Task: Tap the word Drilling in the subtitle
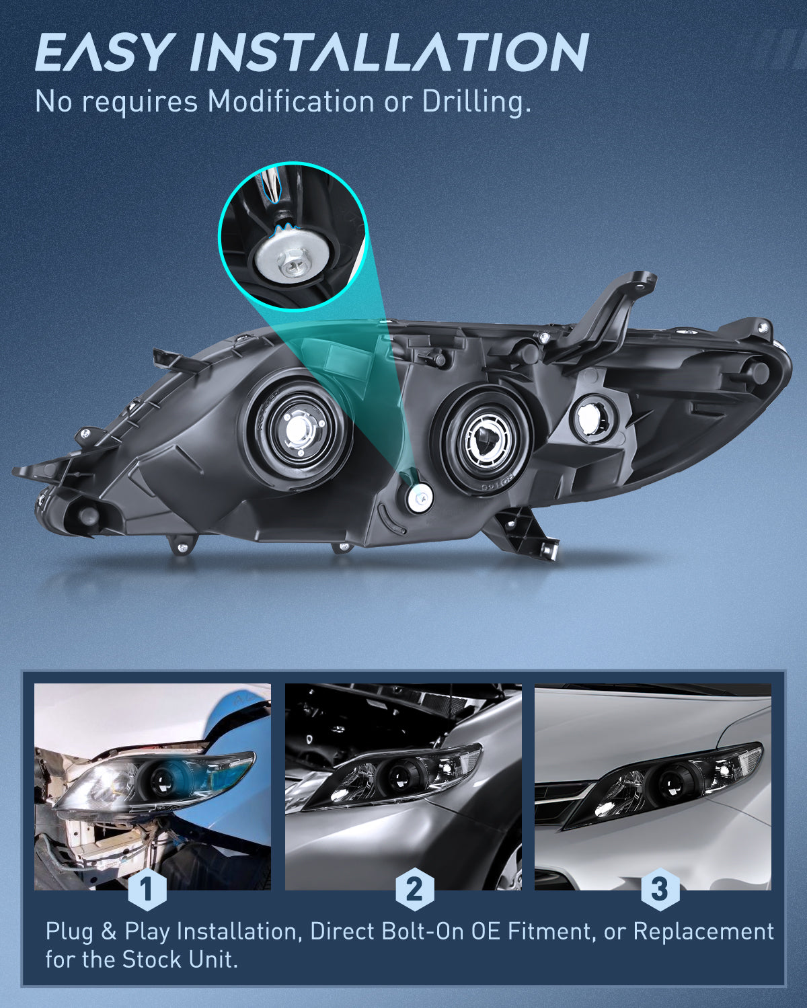(476, 102)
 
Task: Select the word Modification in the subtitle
(291, 102)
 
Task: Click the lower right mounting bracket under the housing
(529, 534)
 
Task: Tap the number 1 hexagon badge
(147, 890)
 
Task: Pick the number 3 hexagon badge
(660, 890)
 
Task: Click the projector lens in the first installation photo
(162, 780)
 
